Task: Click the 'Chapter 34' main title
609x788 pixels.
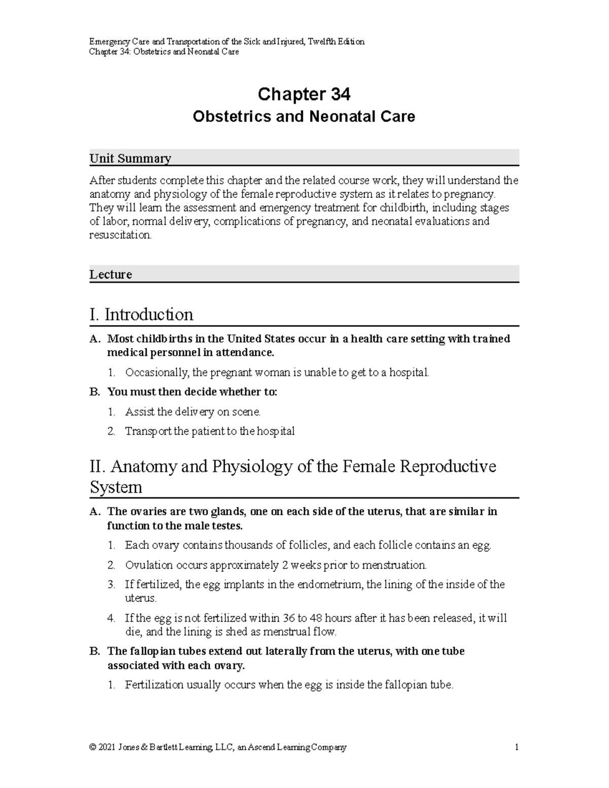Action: click(304, 94)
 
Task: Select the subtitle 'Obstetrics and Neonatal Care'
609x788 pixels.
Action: click(304, 117)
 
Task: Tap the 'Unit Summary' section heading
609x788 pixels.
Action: click(130, 158)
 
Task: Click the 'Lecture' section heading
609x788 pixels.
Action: click(111, 275)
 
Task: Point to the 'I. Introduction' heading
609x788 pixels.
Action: click(141, 315)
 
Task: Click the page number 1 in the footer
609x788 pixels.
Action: click(516, 747)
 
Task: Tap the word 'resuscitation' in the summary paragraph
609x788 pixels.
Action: click(120, 235)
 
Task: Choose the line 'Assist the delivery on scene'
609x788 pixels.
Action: click(192, 412)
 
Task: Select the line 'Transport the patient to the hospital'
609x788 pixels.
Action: click(210, 431)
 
